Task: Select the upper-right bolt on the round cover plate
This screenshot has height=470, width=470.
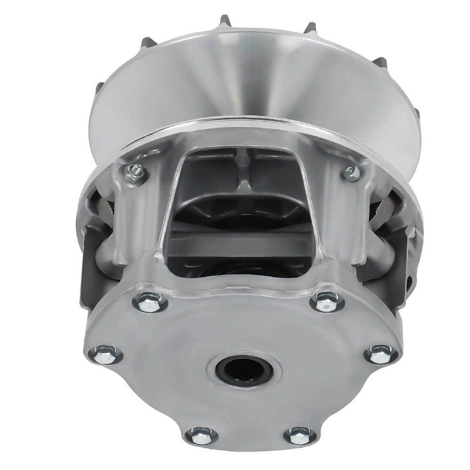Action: pyautogui.click(x=327, y=301)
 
